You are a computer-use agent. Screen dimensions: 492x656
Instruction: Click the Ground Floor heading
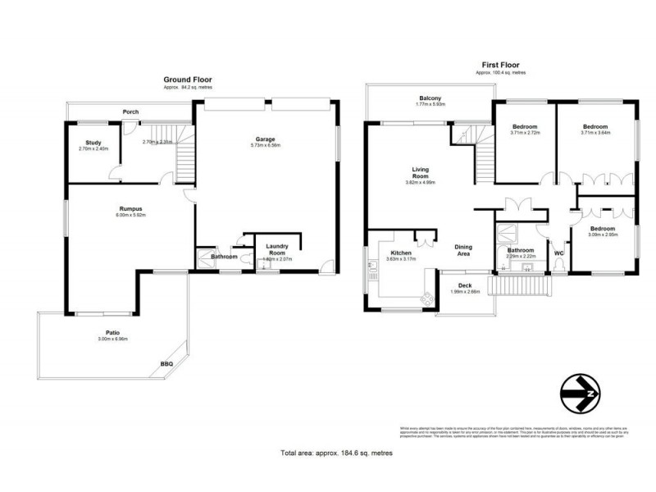[189, 80]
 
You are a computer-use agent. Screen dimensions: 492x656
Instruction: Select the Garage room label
[264, 139]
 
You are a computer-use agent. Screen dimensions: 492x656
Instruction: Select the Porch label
[130, 112]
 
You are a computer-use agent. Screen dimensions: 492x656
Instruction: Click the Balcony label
[430, 98]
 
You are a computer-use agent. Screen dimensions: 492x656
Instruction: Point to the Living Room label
[421, 173]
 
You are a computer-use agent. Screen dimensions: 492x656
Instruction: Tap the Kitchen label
[400, 253]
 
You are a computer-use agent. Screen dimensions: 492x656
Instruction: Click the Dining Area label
[463, 250]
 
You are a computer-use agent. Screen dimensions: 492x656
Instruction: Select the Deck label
[465, 285]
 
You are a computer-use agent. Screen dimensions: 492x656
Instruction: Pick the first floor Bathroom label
[520, 250]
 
